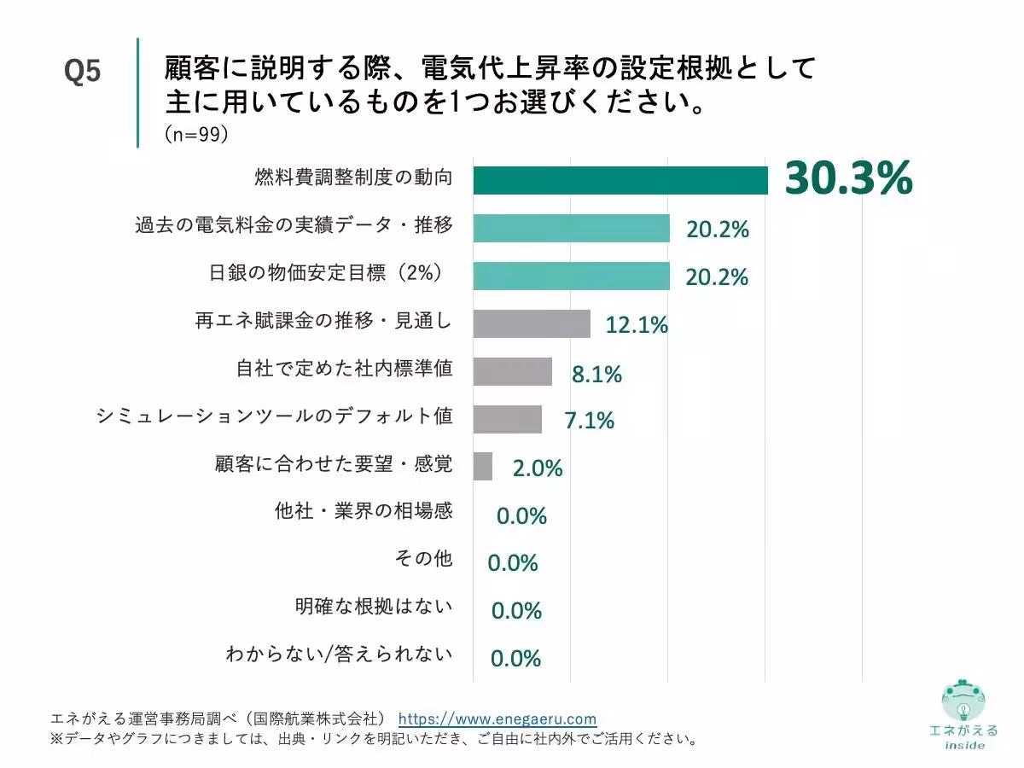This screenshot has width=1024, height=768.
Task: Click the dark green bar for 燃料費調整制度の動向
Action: (x=620, y=180)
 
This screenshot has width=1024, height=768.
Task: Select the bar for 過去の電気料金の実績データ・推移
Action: (x=571, y=228)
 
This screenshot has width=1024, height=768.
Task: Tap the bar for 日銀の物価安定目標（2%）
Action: (x=571, y=276)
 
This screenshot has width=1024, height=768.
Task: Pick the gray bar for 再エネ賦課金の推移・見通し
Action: (x=531, y=323)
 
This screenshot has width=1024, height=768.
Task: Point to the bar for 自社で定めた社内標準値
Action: (x=512, y=371)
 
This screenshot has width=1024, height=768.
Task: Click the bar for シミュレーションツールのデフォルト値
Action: (x=507, y=419)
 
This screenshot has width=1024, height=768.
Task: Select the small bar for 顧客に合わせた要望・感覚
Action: (x=482, y=467)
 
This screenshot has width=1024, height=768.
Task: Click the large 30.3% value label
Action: (x=848, y=178)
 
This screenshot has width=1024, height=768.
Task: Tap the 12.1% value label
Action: (x=637, y=325)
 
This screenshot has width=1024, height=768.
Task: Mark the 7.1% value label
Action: (x=589, y=421)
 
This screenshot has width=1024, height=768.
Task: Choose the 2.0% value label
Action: (x=537, y=468)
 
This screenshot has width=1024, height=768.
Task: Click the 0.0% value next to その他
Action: (x=513, y=563)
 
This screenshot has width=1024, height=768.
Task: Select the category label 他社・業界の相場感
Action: (x=364, y=512)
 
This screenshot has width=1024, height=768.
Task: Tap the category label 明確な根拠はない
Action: (x=374, y=607)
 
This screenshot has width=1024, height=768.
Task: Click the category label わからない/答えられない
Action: (x=339, y=655)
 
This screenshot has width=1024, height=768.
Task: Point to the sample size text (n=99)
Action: (x=195, y=136)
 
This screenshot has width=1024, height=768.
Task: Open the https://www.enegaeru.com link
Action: (x=497, y=719)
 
